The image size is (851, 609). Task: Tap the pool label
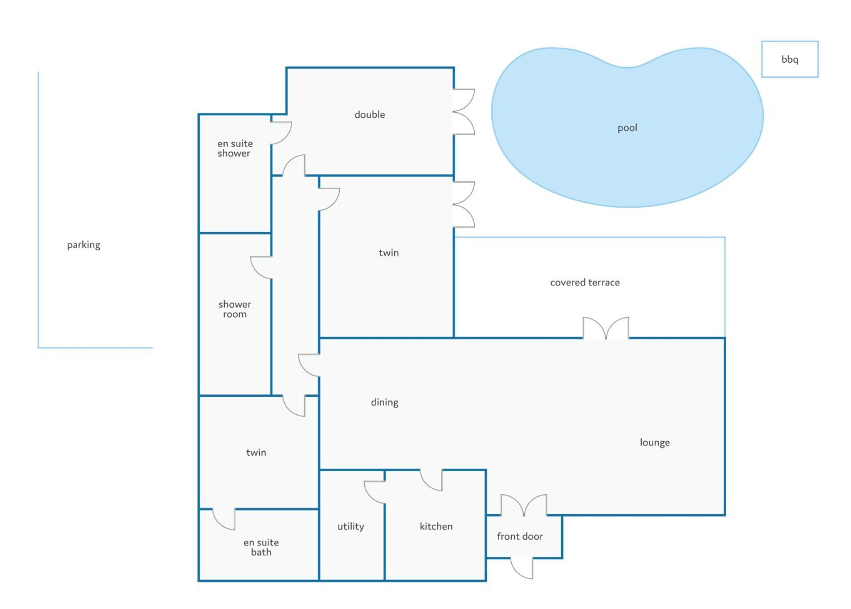click(x=627, y=128)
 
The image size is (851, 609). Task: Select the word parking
click(x=84, y=245)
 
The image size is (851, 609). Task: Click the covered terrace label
click(x=585, y=283)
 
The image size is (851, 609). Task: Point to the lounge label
click(x=655, y=443)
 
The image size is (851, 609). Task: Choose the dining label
click(x=385, y=402)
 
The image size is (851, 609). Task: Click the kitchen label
click(x=436, y=526)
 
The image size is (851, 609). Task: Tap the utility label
click(x=351, y=526)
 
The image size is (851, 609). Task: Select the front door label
click(x=520, y=536)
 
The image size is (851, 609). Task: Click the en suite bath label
click(x=261, y=547)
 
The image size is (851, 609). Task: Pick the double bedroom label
click(x=370, y=115)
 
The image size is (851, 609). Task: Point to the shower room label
click(x=235, y=309)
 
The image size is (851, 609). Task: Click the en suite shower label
click(x=235, y=148)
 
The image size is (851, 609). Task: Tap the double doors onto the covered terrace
click(x=606, y=328)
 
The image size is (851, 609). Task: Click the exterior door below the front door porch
click(x=522, y=568)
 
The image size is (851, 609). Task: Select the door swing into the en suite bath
click(x=224, y=519)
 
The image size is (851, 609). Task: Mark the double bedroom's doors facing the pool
click(x=464, y=111)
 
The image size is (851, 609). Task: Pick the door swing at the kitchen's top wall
click(x=431, y=480)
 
